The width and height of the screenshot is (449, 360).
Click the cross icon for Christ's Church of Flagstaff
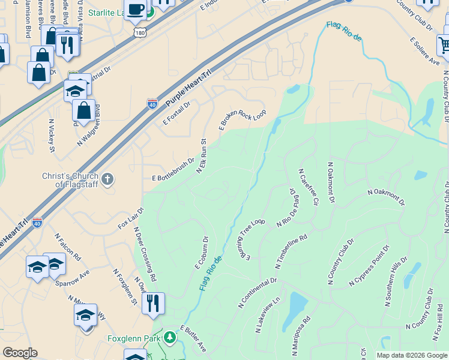(107, 179)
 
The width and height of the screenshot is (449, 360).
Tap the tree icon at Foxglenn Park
(171, 338)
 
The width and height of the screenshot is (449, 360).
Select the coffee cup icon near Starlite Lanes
(136, 10)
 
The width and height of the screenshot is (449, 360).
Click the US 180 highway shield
(139, 31)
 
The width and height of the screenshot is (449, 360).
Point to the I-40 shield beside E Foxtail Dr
(152, 104)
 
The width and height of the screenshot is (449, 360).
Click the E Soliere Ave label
(424, 51)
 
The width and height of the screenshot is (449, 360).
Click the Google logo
(20, 353)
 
